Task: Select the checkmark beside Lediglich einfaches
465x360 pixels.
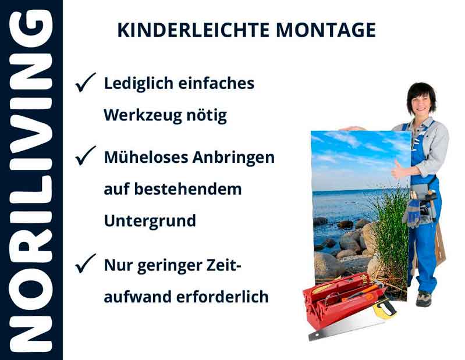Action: [x=86, y=84]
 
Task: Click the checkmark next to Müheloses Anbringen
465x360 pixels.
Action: [x=86, y=156]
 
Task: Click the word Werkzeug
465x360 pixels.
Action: [x=141, y=115]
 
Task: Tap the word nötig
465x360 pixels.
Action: [x=205, y=115]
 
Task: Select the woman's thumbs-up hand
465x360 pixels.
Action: [x=398, y=170]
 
